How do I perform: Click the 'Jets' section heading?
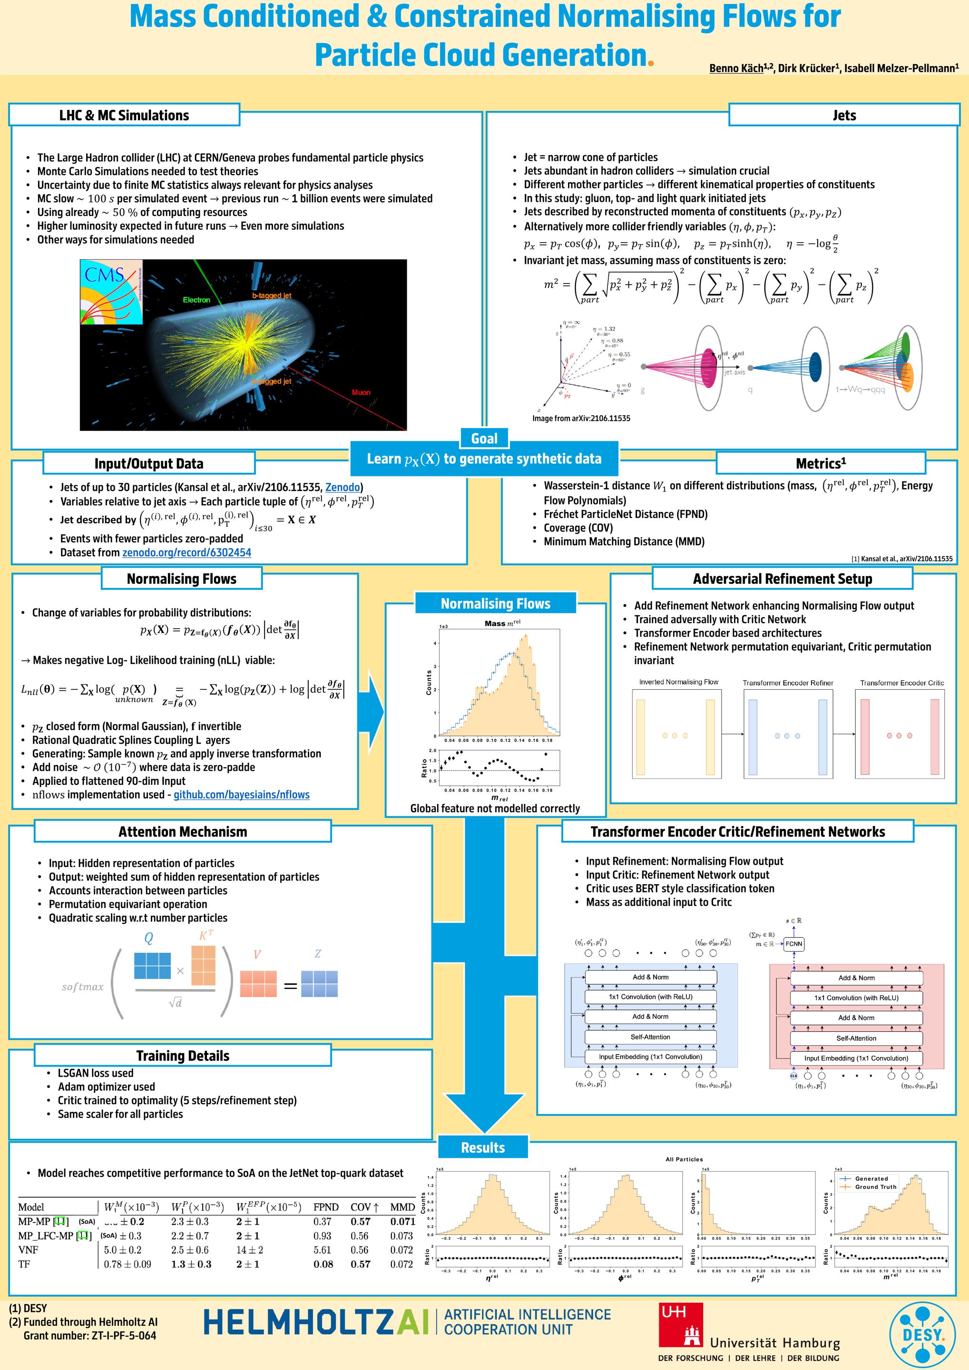point(844,115)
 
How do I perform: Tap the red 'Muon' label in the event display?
point(361,392)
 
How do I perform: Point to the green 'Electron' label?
point(196,300)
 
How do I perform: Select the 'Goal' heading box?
point(484,439)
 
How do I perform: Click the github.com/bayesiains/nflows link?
point(241,795)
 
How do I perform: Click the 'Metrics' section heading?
point(821,464)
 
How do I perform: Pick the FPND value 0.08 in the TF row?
point(323,1264)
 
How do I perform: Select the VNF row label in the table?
point(28,1250)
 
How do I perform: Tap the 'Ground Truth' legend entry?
point(875,1187)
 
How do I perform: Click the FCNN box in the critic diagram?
point(793,943)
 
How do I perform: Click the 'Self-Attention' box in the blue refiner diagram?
point(650,1037)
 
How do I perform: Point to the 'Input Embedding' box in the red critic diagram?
point(856,1058)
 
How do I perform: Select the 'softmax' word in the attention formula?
point(82,987)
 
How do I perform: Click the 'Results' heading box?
point(483,1147)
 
